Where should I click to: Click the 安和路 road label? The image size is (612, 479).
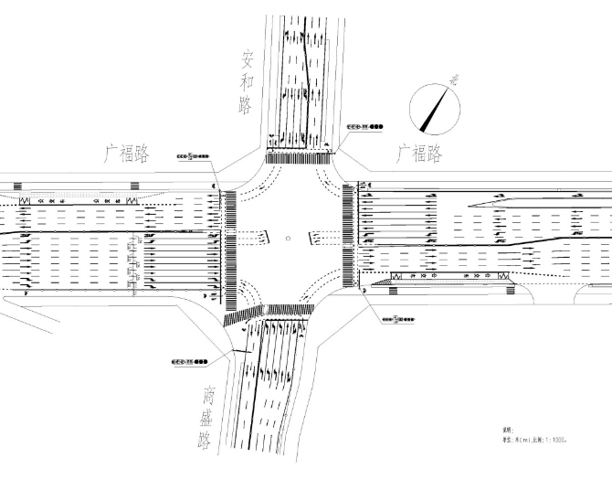tap(246, 83)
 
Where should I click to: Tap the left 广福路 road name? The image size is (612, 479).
tap(129, 153)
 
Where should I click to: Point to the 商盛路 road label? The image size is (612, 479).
tap(207, 419)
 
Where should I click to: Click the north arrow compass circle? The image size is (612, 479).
tap(434, 106)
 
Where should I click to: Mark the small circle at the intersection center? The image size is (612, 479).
tap(288, 239)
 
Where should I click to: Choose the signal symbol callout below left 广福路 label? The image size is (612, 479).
tap(195, 156)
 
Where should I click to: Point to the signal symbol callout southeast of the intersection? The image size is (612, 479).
tap(396, 320)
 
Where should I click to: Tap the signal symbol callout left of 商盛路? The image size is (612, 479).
tap(189, 363)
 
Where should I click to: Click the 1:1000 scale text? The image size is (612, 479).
tap(549, 440)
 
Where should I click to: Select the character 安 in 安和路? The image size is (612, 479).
tap(247, 61)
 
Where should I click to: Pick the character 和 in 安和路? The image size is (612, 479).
tap(246, 83)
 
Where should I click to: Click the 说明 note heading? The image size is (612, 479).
tap(508, 430)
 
